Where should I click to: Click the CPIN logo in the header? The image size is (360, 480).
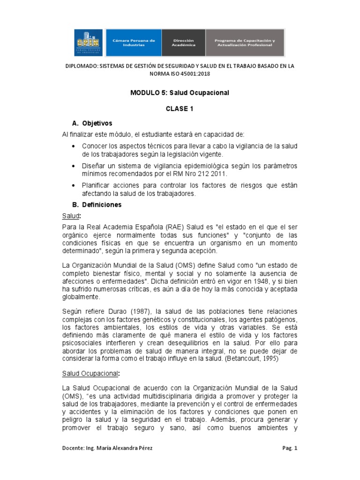[89, 43]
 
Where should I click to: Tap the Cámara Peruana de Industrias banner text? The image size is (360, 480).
[134, 43]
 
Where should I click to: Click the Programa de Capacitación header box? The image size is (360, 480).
[245, 43]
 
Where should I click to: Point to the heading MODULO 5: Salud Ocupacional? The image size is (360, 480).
[180, 93]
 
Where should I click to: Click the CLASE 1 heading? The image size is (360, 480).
[180, 108]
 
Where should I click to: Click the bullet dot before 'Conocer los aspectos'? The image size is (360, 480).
[74, 146]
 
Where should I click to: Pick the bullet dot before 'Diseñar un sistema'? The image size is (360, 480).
[74, 166]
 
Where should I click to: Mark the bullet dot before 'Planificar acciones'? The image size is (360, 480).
[74, 186]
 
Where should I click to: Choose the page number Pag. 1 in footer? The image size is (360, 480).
[290, 448]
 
